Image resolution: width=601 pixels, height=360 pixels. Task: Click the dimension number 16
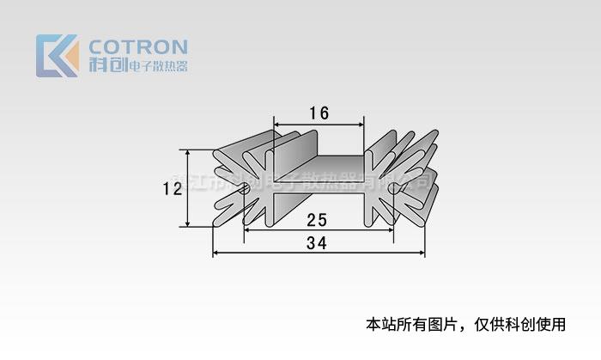pos(319,113)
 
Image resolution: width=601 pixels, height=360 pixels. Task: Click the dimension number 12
pos(173,188)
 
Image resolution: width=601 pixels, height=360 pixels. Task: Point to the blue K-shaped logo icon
pos(53,56)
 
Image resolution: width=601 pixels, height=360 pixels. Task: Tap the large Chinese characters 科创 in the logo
pos(106,65)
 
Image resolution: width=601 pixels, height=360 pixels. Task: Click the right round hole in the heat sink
pos(393,186)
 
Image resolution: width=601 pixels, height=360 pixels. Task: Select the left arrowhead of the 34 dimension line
pos(216,253)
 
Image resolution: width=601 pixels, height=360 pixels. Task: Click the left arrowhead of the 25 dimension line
pos(247,229)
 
